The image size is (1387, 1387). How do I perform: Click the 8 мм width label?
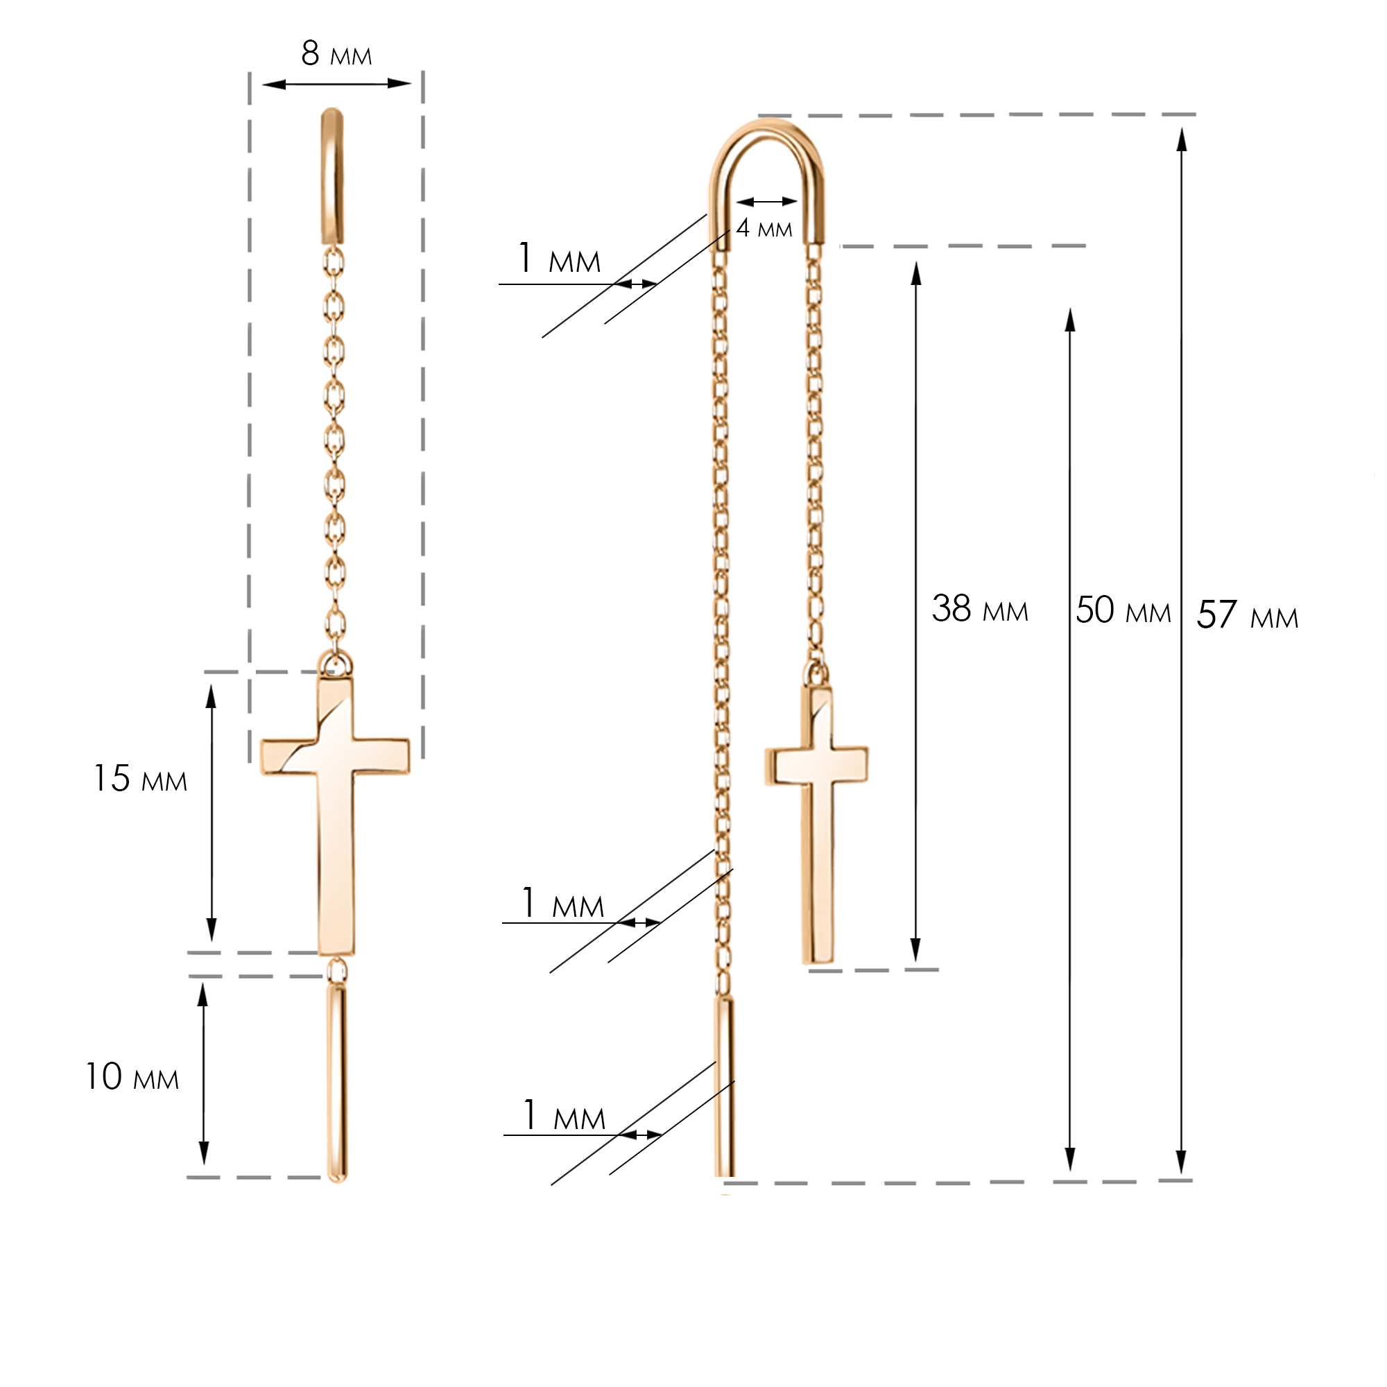click(336, 53)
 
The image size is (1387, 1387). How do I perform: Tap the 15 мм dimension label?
click(141, 779)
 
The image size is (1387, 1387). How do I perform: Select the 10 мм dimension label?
click(132, 1077)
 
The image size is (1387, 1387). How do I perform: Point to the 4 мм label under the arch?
click(764, 228)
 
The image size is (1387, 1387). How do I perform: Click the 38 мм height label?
click(980, 608)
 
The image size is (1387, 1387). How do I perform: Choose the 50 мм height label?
click(1123, 610)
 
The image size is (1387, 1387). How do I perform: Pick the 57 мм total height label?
click(1248, 615)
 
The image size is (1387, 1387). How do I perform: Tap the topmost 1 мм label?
click(559, 259)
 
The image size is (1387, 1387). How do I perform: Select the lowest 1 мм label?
click(565, 1116)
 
